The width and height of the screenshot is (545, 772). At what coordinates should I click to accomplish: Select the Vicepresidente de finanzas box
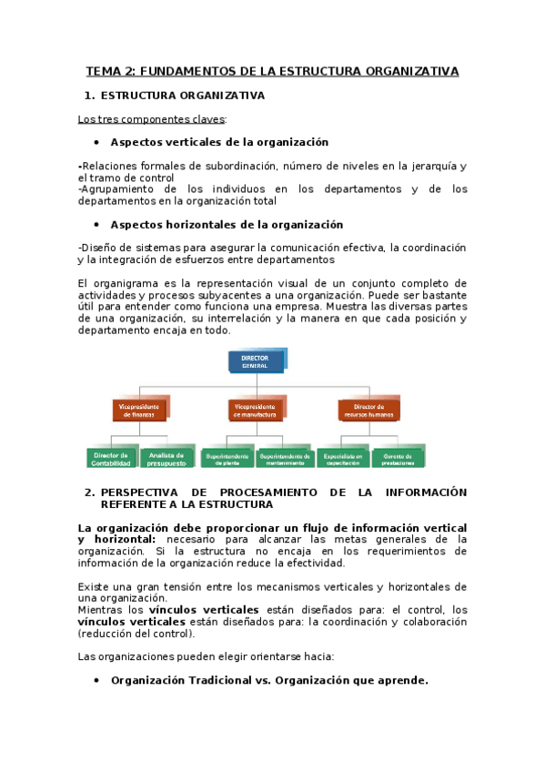pyautogui.click(x=140, y=410)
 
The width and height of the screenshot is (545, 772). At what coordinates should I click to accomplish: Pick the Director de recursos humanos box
pyautogui.click(x=368, y=410)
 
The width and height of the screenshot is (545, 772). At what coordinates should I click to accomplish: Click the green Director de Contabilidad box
pyautogui.click(x=111, y=458)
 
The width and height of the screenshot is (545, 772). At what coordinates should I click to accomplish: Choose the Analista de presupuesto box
pyautogui.click(x=167, y=458)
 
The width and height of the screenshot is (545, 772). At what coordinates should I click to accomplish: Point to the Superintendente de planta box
pyautogui.click(x=227, y=458)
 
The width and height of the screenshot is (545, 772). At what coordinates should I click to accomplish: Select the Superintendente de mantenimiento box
pyautogui.click(x=285, y=458)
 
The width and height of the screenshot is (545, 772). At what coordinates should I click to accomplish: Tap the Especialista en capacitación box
pyautogui.click(x=342, y=458)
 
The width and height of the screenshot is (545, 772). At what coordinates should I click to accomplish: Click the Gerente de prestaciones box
pyautogui.click(x=398, y=458)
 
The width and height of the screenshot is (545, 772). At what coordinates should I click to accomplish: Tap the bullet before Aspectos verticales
pyautogui.click(x=96, y=143)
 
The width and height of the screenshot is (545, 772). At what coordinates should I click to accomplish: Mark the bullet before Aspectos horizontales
pyautogui.click(x=96, y=225)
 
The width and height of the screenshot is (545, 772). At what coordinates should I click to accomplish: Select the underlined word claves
pyautogui.click(x=205, y=118)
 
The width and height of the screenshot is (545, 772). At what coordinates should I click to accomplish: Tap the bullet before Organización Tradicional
pyautogui.click(x=96, y=680)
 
